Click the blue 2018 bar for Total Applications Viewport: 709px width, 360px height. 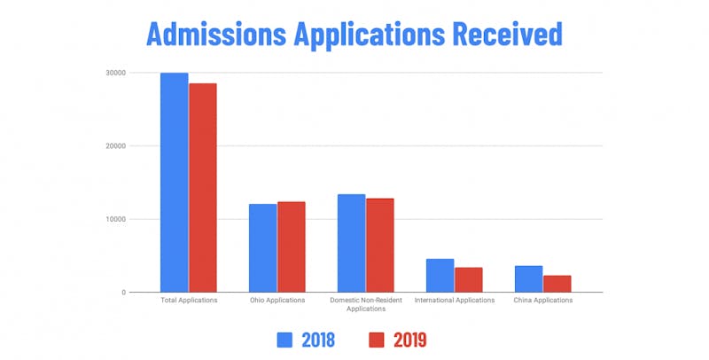click(x=174, y=183)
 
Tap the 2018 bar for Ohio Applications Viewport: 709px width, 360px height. click(x=262, y=248)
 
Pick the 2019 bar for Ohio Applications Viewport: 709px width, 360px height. click(x=291, y=247)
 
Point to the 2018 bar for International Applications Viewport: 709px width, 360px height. click(x=440, y=276)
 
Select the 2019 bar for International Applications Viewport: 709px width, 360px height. click(x=468, y=280)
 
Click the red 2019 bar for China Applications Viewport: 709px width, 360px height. click(x=557, y=284)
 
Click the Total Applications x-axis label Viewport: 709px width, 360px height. click(x=188, y=301)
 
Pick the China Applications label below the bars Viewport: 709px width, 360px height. click(x=542, y=301)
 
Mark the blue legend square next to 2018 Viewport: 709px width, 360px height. click(x=286, y=339)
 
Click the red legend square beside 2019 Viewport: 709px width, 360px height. click(x=375, y=339)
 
